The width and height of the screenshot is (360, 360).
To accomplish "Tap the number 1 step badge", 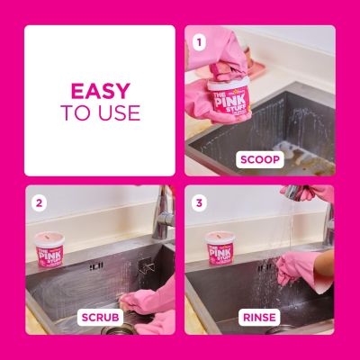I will (200, 40).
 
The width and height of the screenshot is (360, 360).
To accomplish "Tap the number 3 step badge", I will (200, 202).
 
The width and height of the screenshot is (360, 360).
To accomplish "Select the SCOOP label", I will (260, 159).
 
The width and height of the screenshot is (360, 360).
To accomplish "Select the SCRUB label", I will (99, 318).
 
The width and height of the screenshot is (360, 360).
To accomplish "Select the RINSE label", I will (260, 318).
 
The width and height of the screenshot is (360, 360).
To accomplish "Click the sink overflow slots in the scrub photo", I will (95, 265).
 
